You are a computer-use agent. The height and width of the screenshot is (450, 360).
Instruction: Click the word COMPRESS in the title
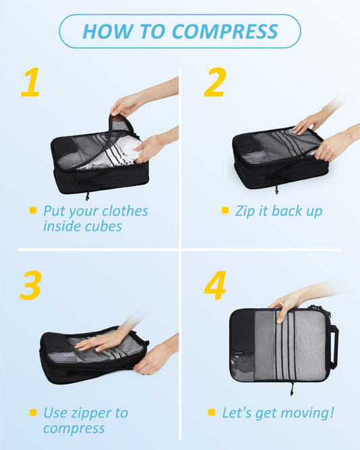pyautogui.click(x=225, y=31)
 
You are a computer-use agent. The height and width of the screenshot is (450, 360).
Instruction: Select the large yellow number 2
pyautogui.click(x=214, y=82)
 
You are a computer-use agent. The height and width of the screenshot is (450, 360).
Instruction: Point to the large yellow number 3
pyautogui.click(x=31, y=285)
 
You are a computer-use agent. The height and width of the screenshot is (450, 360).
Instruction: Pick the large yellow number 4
pyautogui.click(x=215, y=285)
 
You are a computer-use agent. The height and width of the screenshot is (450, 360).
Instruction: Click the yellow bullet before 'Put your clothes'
pyautogui.click(x=33, y=211)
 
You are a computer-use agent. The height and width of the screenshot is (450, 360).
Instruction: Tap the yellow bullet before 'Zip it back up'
pyautogui.click(x=225, y=211)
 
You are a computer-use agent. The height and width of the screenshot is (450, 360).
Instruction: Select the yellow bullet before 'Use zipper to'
pyautogui.click(x=33, y=411)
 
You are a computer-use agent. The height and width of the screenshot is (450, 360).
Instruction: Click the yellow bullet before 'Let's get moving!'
pyautogui.click(x=211, y=412)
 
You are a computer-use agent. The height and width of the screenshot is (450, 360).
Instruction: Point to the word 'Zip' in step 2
pyautogui.click(x=245, y=211)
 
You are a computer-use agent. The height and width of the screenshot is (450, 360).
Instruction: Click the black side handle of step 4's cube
pyautogui.click(x=334, y=347)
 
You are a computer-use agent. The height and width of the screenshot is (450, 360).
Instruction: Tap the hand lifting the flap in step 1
pyautogui.click(x=125, y=104)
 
